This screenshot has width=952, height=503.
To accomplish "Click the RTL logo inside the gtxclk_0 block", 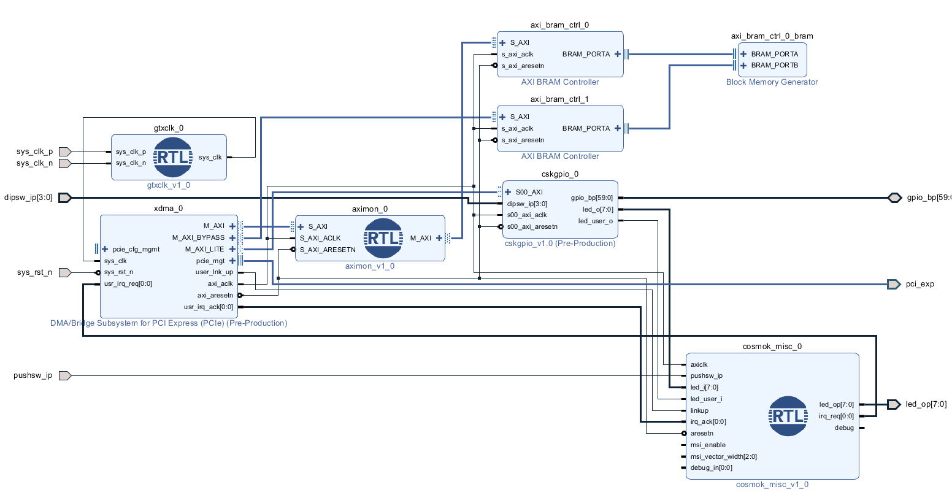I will [x=173, y=157].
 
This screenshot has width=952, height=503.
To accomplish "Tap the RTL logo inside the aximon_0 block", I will [x=383, y=238].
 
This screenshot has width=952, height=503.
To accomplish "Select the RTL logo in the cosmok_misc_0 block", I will [x=788, y=416].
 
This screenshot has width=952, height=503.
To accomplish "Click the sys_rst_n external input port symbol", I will [x=64, y=272].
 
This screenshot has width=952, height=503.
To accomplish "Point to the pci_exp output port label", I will [x=919, y=284].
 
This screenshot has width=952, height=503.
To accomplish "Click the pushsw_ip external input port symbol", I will [x=64, y=375].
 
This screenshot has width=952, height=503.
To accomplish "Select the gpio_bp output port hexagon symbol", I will [x=894, y=198].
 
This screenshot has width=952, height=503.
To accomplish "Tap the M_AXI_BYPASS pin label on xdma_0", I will [x=198, y=237].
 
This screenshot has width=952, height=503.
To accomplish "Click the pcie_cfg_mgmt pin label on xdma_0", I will [x=136, y=249].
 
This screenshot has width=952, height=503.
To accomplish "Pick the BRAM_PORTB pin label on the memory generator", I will [x=774, y=65].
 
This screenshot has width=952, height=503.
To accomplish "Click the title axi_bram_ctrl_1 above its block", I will [x=559, y=99].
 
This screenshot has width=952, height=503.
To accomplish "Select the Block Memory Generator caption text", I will [x=772, y=82].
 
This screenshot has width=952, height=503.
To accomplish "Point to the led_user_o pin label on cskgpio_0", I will [x=595, y=221].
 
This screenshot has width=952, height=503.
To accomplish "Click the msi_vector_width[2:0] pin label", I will [x=723, y=456].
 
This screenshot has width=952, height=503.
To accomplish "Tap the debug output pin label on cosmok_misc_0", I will [x=844, y=428].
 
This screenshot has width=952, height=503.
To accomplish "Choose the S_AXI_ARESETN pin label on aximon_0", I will [x=328, y=250].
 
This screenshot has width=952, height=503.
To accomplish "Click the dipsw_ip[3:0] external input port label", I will [x=28, y=198].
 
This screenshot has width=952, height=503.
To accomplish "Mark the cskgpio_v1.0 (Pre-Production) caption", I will [x=559, y=244].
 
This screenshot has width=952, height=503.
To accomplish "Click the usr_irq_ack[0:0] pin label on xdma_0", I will [x=208, y=307].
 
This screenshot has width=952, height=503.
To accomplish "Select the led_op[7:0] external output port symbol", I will [x=894, y=404].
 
